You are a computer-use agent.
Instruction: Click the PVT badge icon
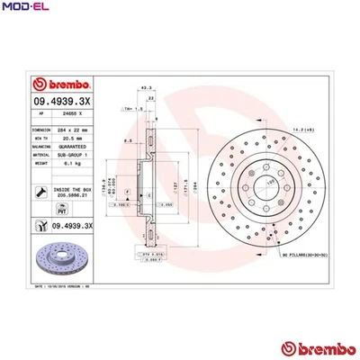40,225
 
